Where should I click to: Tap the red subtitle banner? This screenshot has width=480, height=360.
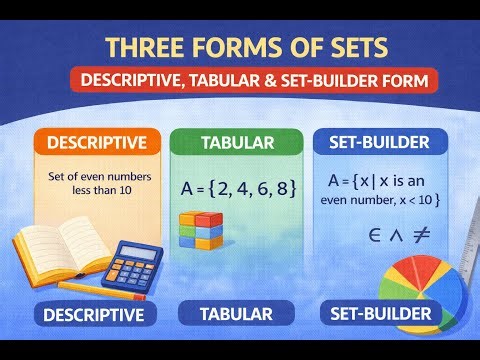(240, 80)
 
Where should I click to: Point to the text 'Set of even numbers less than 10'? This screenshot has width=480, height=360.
(91, 183)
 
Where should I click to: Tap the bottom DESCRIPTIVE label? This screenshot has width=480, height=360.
(94, 315)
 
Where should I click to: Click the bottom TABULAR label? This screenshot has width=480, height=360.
(237, 314)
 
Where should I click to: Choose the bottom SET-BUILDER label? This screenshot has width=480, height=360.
(379, 314)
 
